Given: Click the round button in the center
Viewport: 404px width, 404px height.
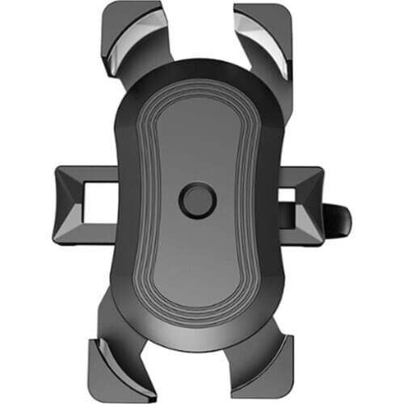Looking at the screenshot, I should [197, 200].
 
